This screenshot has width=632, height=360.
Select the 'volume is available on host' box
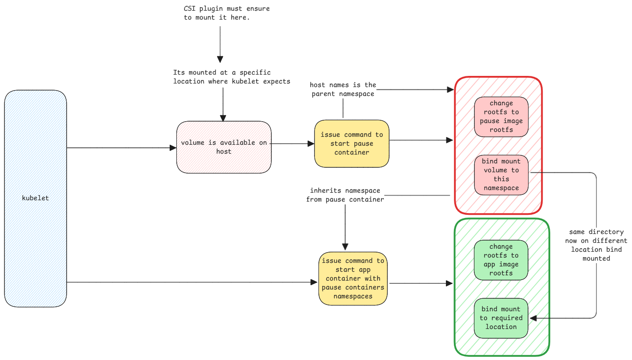[224, 147]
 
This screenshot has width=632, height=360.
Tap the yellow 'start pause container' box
[352, 143]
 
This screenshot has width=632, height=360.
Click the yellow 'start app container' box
[353, 278]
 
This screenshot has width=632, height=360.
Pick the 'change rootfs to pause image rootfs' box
[501, 117]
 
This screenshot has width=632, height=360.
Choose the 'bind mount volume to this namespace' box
[501, 175]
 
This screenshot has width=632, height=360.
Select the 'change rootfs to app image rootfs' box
[501, 260]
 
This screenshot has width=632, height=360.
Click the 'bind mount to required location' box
[501, 318]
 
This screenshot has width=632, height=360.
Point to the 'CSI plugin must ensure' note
[227, 13]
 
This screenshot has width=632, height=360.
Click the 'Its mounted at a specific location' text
[232, 77]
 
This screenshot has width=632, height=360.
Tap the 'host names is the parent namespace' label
[343, 89]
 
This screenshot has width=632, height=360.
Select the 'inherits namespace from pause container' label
[345, 195]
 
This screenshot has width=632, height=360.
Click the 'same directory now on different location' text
[596, 245]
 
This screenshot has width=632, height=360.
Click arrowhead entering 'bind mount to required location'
[533, 318]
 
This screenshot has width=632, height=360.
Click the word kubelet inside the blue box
[36, 198]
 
